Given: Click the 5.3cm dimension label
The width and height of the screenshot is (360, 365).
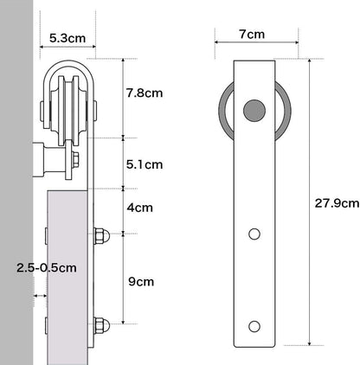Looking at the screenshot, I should (67, 37).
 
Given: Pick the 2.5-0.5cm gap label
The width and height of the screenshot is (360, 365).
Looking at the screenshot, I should (46, 268).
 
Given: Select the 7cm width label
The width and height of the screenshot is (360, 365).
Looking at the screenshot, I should (252, 35).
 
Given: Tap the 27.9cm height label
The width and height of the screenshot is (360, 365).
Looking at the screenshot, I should (337, 203).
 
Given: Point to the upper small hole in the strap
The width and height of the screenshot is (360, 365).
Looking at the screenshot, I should (254, 234).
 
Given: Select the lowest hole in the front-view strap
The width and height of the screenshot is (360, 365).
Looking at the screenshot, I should (254, 325).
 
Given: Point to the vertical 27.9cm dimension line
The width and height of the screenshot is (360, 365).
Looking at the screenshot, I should (305, 199).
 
